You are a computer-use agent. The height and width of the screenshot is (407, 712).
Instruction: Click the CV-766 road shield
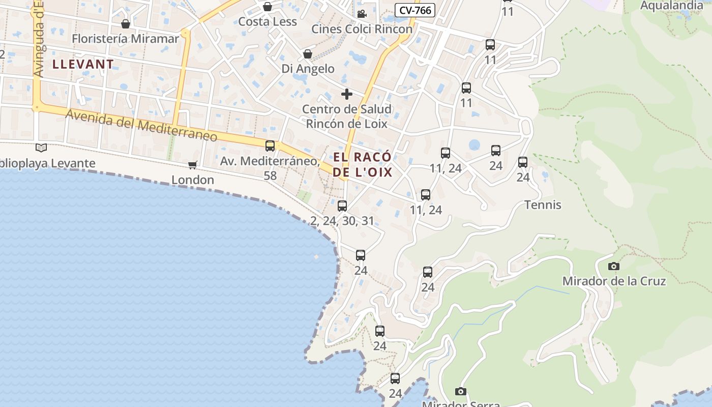pyautogui.click(x=415, y=10)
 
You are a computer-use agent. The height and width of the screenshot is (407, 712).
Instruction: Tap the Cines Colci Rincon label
pyautogui.click(x=362, y=29)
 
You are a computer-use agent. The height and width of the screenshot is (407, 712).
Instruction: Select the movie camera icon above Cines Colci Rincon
pyautogui.click(x=362, y=14)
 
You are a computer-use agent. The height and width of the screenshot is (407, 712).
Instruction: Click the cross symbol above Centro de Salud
pyautogui.click(x=347, y=94)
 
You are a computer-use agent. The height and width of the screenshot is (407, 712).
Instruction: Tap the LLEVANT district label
pyautogui.click(x=83, y=64)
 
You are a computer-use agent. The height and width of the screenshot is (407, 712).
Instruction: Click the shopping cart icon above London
pyautogui.click(x=192, y=164)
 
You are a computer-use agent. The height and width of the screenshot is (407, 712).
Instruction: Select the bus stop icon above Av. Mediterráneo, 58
pyautogui.click(x=270, y=146)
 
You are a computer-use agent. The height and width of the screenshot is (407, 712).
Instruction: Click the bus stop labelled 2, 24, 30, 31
pyautogui.click(x=342, y=206)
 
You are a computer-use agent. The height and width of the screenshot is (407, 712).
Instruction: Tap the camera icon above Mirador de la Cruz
pyautogui.click(x=614, y=266)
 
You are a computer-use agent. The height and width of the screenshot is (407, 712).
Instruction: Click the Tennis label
pyautogui.click(x=543, y=205)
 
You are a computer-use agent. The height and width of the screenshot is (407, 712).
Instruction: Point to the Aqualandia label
pyautogui.click(x=671, y=6)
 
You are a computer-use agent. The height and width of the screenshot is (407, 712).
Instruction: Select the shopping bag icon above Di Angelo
pyautogui.click(x=308, y=53)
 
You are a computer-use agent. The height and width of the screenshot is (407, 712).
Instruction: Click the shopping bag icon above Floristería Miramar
pyautogui.click(x=126, y=24)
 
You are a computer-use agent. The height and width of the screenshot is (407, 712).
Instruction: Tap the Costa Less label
pyautogui.click(x=268, y=22)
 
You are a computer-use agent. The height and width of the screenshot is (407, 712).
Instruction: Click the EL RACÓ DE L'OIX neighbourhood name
pyautogui.click(x=363, y=164)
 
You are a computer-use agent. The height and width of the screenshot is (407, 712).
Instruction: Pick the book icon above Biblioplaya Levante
pyautogui.click(x=41, y=148)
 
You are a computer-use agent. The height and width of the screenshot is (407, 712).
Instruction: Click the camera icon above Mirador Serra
pyautogui.click(x=460, y=391)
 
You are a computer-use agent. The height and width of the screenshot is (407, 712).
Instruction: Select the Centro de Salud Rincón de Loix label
pyautogui.click(x=347, y=117)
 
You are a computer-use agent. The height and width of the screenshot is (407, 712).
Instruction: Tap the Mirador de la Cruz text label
pyautogui.click(x=614, y=281)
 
